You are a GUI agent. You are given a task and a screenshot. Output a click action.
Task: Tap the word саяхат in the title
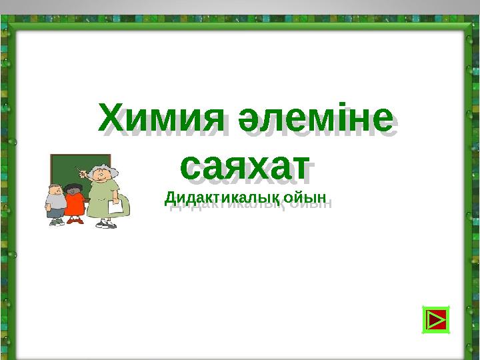click(x=245, y=167)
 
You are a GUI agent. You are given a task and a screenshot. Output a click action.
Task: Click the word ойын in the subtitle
click(x=305, y=198)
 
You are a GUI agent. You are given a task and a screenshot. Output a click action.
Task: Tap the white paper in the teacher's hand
click(x=115, y=206)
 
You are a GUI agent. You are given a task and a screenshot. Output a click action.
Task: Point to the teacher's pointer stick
click(x=82, y=171)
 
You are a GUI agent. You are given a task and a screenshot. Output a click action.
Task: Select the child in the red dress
click(x=74, y=203)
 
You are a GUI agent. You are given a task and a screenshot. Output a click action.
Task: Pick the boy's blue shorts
click(x=56, y=213)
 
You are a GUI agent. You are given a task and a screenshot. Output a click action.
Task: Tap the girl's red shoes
click(x=75, y=220)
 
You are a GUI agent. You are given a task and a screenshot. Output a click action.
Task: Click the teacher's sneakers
click(x=106, y=224)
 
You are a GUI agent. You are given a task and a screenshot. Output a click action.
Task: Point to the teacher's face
click(x=99, y=175)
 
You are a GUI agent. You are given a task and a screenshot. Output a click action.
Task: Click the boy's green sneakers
click(x=57, y=222)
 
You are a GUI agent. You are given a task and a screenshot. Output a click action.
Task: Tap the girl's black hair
click(x=73, y=187)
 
